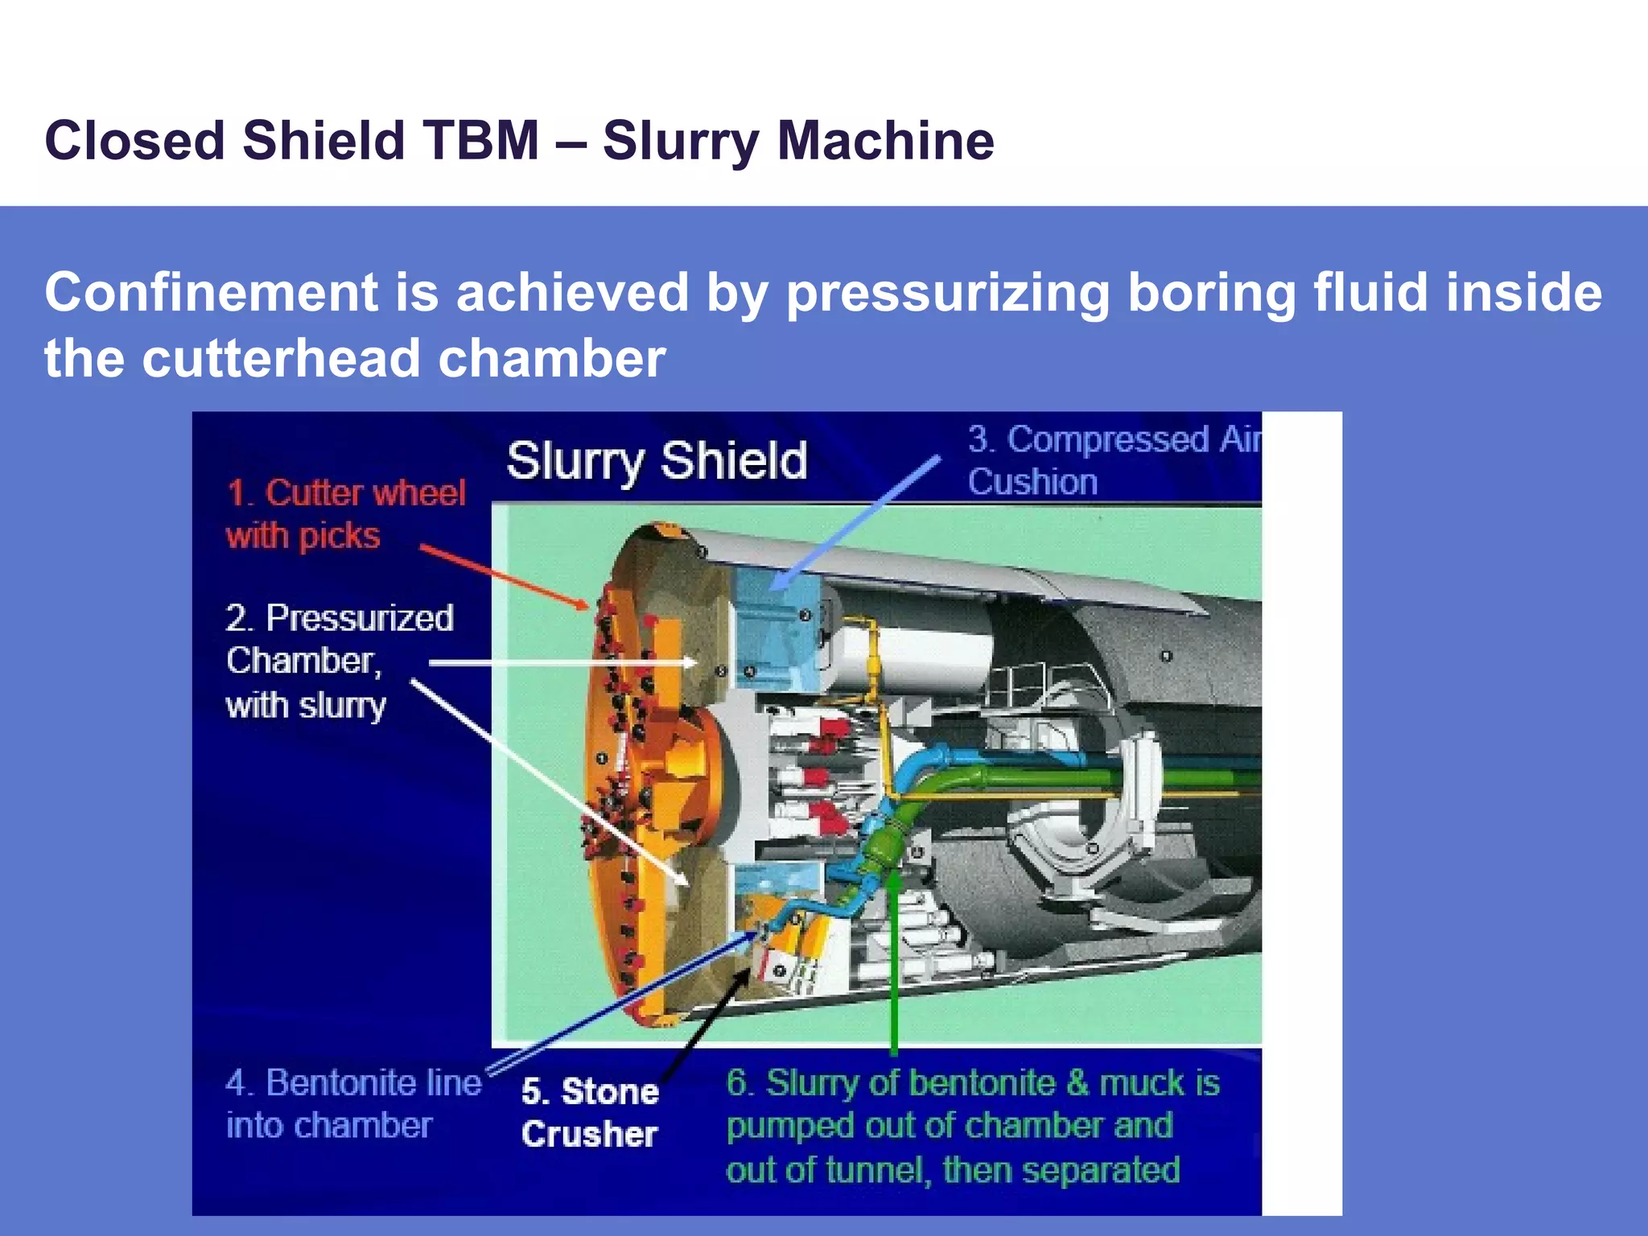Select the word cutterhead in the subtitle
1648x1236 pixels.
(282, 358)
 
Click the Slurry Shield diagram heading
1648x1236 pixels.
(656, 461)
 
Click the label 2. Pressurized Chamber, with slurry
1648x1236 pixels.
(338, 661)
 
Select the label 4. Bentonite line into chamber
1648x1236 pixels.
(352, 1103)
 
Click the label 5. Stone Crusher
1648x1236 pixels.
(590, 1112)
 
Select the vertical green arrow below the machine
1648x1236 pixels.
(893, 966)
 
